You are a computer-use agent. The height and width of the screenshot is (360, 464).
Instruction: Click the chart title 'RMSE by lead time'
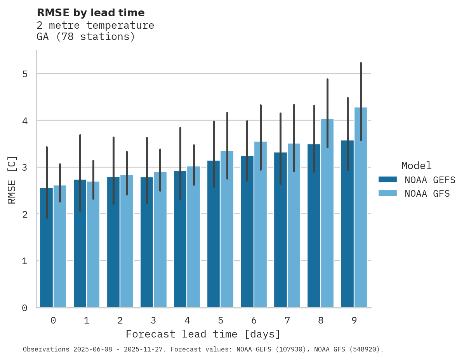(90, 13)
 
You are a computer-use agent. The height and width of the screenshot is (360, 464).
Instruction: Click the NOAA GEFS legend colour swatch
(388, 180)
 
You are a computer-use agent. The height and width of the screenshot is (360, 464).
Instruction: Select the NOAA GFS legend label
(427, 194)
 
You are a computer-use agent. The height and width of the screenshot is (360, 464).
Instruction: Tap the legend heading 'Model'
(416, 166)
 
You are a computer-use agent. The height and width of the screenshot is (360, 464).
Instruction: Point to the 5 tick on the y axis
(24, 74)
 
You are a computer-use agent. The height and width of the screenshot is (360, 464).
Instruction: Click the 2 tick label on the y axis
(24, 214)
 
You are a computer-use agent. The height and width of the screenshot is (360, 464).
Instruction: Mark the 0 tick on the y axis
(24, 308)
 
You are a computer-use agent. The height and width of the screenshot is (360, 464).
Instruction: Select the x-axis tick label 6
(254, 320)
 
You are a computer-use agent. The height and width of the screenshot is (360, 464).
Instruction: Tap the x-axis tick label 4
(187, 320)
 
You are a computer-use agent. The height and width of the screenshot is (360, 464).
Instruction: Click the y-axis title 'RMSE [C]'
(12, 179)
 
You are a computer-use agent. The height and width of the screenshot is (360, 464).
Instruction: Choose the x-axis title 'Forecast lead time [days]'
(203, 334)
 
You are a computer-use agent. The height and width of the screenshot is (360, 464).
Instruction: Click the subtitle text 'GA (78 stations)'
(86, 37)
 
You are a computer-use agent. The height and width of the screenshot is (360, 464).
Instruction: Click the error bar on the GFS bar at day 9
(361, 85)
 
